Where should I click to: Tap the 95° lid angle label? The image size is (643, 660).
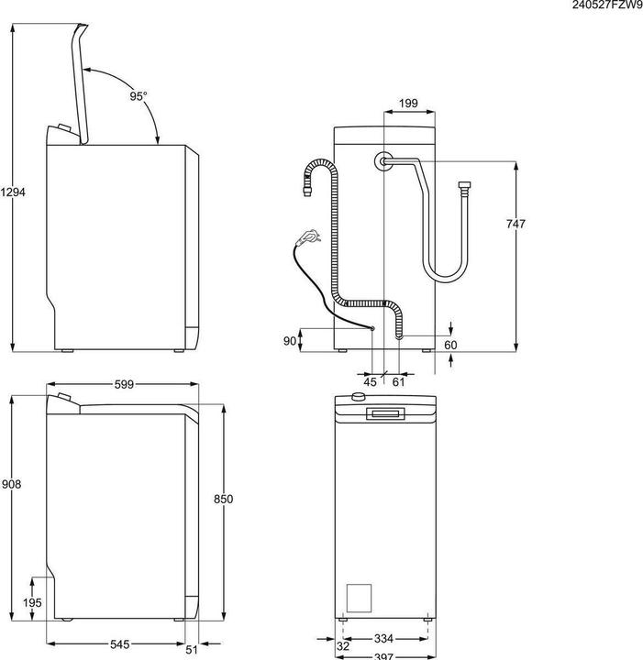coord(138,95)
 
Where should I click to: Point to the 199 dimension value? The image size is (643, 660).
coord(410,104)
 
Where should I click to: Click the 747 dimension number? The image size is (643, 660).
coord(516,225)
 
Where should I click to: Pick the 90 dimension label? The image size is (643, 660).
coord(290,341)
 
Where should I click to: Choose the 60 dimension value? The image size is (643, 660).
coord(450,346)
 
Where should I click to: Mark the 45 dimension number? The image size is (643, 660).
coord(371,381)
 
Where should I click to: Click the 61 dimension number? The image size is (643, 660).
coord(398,381)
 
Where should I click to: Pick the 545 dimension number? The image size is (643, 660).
coord(119,645)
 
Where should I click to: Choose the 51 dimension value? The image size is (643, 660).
coord(192,651)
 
